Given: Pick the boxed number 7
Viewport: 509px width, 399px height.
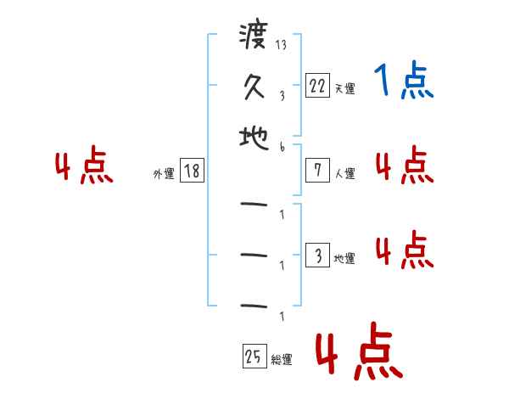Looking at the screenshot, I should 317,170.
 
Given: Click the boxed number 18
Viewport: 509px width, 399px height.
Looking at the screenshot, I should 192,171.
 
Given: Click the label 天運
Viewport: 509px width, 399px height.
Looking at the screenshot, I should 344,88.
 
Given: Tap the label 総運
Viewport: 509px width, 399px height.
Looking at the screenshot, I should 282,360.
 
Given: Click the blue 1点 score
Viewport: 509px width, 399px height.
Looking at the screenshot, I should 404,81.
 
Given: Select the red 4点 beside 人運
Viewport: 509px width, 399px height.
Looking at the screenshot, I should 404,166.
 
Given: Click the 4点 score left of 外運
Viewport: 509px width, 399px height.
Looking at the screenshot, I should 84,167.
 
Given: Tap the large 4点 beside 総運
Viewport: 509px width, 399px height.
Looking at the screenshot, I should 355,354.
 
